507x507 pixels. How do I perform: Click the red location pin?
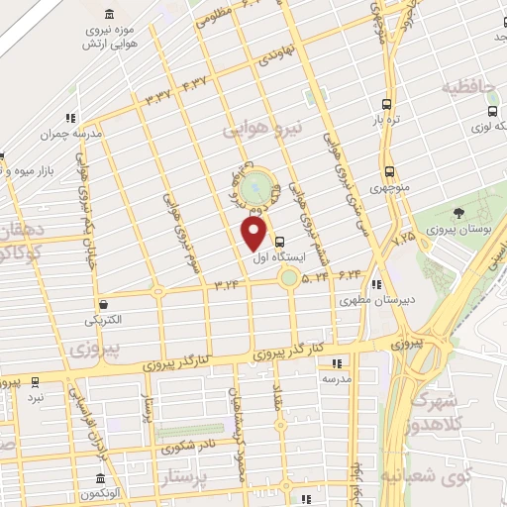pos(254,233)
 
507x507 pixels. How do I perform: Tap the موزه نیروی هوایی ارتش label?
pos(108,38)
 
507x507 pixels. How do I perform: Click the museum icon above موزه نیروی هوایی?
pos(108,15)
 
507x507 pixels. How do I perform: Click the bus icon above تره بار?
pos(385,103)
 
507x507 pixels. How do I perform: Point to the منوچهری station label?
pos(389,185)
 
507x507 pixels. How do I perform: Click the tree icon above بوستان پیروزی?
pos(458,212)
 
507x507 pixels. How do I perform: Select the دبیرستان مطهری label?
pos(373,298)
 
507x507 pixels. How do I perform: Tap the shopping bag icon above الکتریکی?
pos(104,303)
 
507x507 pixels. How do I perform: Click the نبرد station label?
pos(36,396)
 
